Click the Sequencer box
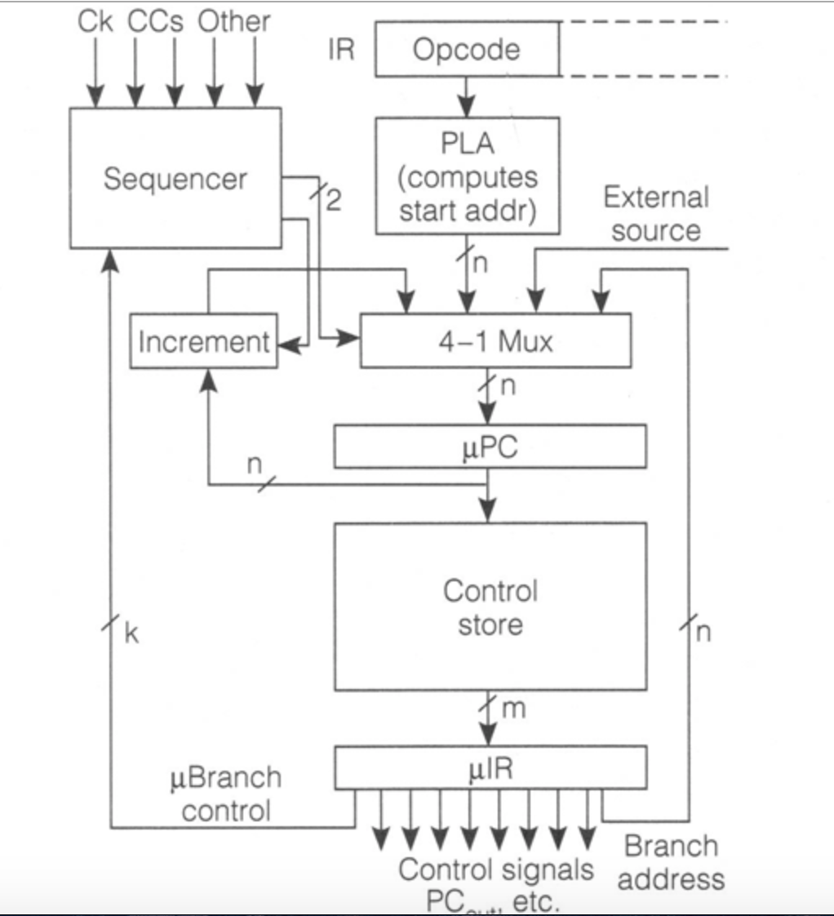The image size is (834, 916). click(x=175, y=178)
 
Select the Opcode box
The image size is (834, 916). click(x=466, y=50)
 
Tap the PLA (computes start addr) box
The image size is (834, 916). click(x=467, y=175)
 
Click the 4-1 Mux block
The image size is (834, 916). click(x=495, y=340)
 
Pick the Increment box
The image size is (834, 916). click(x=203, y=341)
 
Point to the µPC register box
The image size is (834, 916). click(x=490, y=448)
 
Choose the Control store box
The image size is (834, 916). click(x=490, y=607)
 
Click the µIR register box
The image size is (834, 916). click(x=490, y=768)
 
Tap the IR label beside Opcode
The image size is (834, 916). click(x=342, y=50)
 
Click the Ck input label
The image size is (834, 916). click(x=96, y=22)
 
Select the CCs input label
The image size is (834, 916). click(x=154, y=22)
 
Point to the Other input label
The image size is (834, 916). click(x=233, y=22)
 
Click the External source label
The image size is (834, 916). click(x=655, y=214)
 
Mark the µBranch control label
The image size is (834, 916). click(x=224, y=794)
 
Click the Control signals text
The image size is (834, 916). click(x=495, y=870)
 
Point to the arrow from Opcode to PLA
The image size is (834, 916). click(x=466, y=96)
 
